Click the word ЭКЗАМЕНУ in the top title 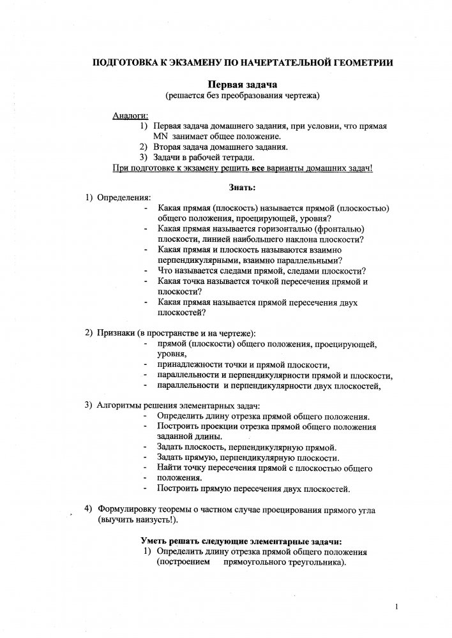[x=167, y=62]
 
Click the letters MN [x=160, y=137]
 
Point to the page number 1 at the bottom [x=397, y=607]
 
